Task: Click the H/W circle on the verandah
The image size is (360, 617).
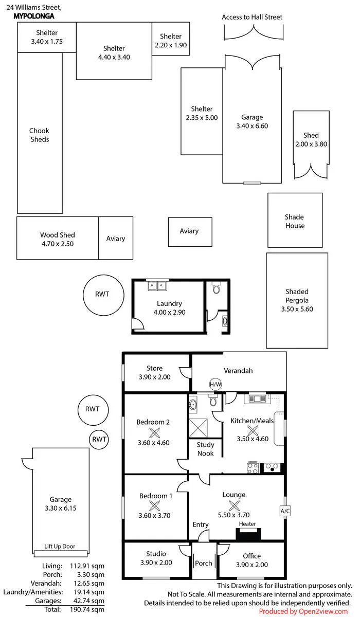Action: [215, 384]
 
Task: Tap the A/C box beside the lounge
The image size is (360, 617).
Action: [285, 511]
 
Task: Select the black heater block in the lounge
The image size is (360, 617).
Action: [248, 534]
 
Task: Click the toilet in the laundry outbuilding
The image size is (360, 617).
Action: [217, 287]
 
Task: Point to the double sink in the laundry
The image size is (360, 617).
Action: [157, 286]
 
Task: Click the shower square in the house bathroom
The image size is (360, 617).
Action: [198, 428]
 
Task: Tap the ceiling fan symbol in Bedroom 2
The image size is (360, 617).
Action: [154, 432]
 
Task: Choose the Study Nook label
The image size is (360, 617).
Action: [206, 449]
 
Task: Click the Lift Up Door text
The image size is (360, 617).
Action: [60, 546]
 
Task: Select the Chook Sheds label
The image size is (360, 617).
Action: [40, 135]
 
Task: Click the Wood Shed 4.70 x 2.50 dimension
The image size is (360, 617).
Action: [58, 244]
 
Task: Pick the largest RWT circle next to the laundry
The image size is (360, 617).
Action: [103, 295]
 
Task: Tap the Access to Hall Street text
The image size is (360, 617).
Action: [252, 17]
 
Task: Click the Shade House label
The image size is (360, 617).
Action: [295, 221]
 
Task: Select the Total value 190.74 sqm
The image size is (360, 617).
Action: [87, 610]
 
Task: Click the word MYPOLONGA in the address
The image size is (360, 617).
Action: [34, 16]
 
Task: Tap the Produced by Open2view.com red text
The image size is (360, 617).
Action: [303, 611]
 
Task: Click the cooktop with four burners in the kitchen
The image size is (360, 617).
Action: [253, 467]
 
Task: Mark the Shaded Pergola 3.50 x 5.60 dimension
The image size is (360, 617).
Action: [297, 309]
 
